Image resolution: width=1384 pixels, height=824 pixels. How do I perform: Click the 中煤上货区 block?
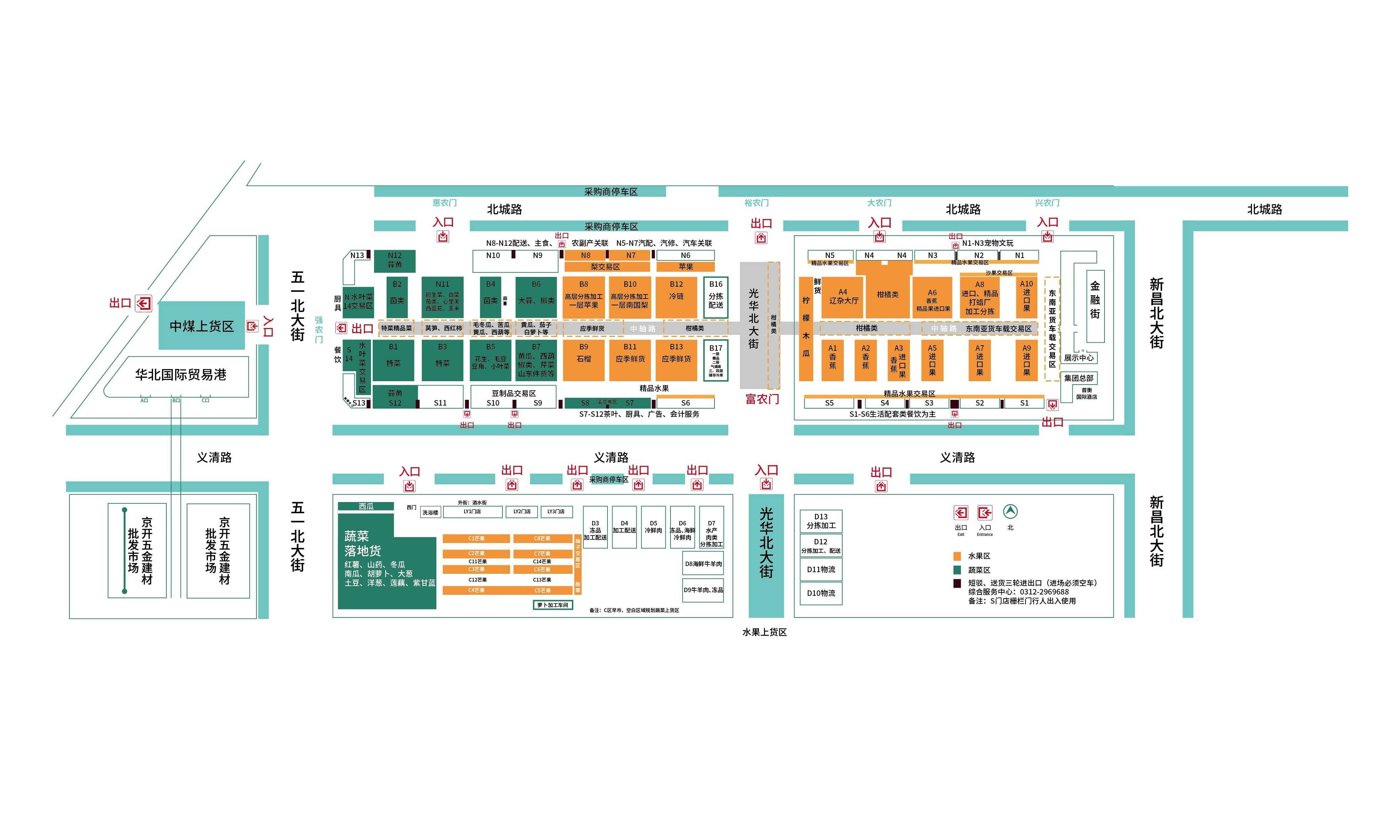click(x=202, y=326)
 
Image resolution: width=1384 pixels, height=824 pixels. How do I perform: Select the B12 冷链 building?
click(x=676, y=297)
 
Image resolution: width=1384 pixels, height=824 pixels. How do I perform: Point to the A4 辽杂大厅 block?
click(x=843, y=297)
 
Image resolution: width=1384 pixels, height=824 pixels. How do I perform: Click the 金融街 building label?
click(x=1095, y=300)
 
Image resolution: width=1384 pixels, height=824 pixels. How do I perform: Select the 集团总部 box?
click(x=1078, y=378)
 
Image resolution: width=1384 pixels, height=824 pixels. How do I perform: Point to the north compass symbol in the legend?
click(x=1010, y=512)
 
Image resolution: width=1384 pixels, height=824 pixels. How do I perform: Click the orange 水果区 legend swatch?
click(x=957, y=556)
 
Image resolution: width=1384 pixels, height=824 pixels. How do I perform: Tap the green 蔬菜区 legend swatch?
click(x=957, y=570)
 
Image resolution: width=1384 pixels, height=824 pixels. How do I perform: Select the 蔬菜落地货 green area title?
click(x=362, y=543)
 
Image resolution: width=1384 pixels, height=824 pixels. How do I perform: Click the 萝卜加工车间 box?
click(x=552, y=605)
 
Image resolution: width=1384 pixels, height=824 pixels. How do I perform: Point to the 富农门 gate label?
click(x=762, y=399)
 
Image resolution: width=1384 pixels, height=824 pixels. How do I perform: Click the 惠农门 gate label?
click(x=445, y=203)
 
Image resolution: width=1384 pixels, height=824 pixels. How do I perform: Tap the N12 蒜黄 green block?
click(x=394, y=260)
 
